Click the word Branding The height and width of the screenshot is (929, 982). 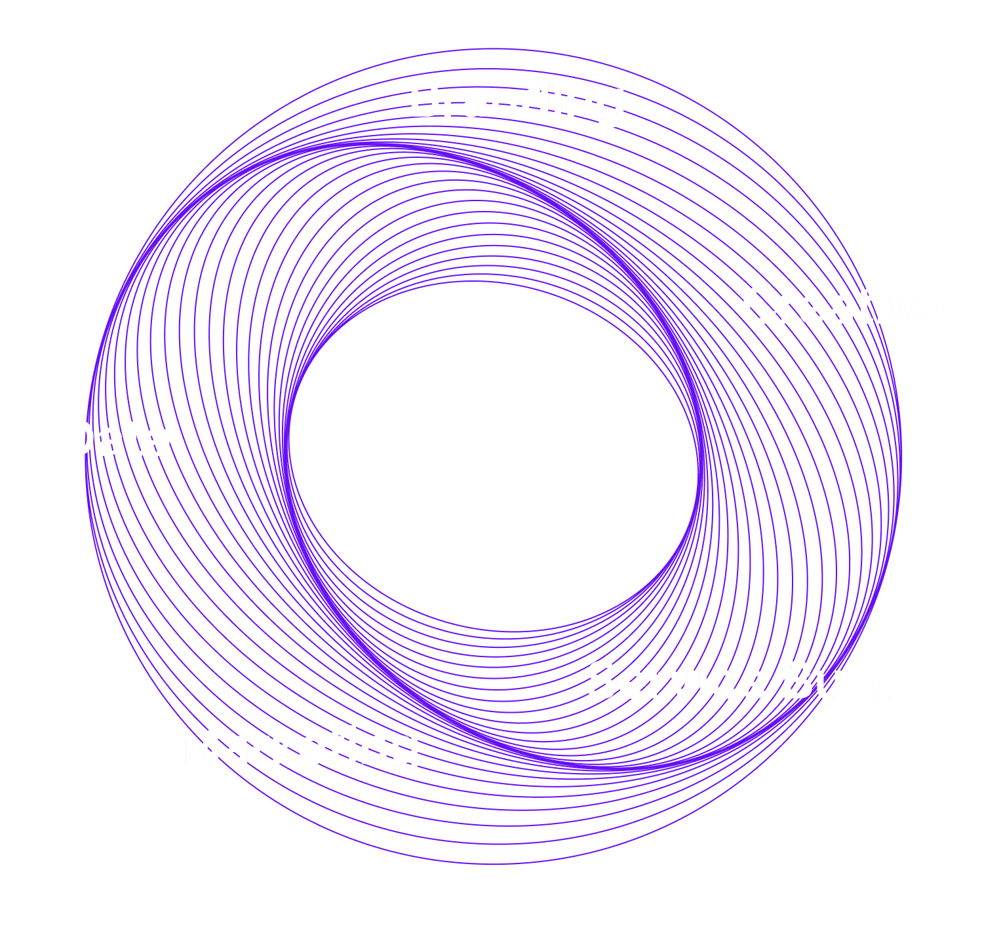517,100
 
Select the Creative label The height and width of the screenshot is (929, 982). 842,306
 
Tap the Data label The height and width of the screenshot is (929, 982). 116,438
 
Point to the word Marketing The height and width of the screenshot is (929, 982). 298,748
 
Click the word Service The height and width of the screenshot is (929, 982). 676,681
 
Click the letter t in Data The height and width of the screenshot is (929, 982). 136,438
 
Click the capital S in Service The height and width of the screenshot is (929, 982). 602,681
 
